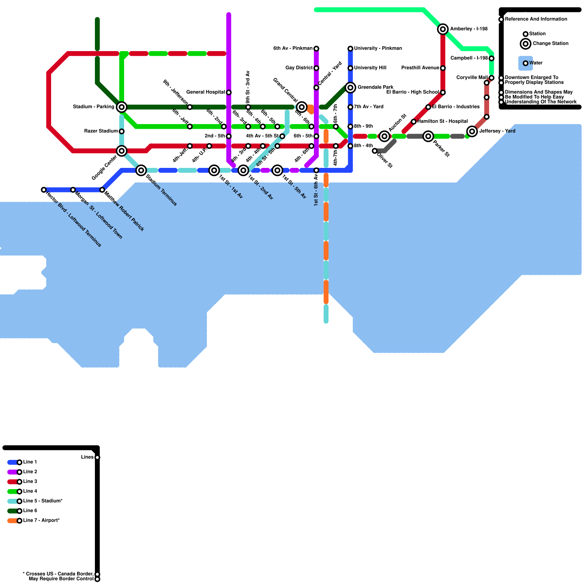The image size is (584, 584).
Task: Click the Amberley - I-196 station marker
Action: (x=443, y=29)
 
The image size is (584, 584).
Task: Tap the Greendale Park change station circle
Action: (x=350, y=88)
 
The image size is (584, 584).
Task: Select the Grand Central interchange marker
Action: (x=301, y=107)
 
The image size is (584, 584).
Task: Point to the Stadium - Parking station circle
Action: (x=122, y=107)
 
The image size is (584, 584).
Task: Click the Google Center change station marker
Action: (x=122, y=151)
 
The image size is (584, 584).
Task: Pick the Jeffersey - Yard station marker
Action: (x=472, y=131)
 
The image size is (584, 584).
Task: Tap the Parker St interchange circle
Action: (x=428, y=136)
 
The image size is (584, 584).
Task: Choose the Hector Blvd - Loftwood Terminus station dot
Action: (x=44, y=190)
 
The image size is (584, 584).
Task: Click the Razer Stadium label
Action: (x=101, y=131)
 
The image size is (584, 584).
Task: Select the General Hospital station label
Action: (x=205, y=92)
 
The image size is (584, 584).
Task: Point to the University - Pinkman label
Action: (x=378, y=49)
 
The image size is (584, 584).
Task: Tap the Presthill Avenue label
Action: (x=420, y=68)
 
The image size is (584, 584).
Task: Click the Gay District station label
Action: (x=299, y=68)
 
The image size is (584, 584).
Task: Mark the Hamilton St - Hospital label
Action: (x=442, y=122)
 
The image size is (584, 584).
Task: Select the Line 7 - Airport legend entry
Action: (x=41, y=520)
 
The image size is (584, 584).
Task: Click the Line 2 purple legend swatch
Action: (x=13, y=472)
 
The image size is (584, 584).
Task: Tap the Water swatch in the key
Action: (x=526, y=63)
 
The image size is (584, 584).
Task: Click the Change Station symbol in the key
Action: (x=526, y=44)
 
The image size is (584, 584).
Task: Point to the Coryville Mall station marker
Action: (x=492, y=78)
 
